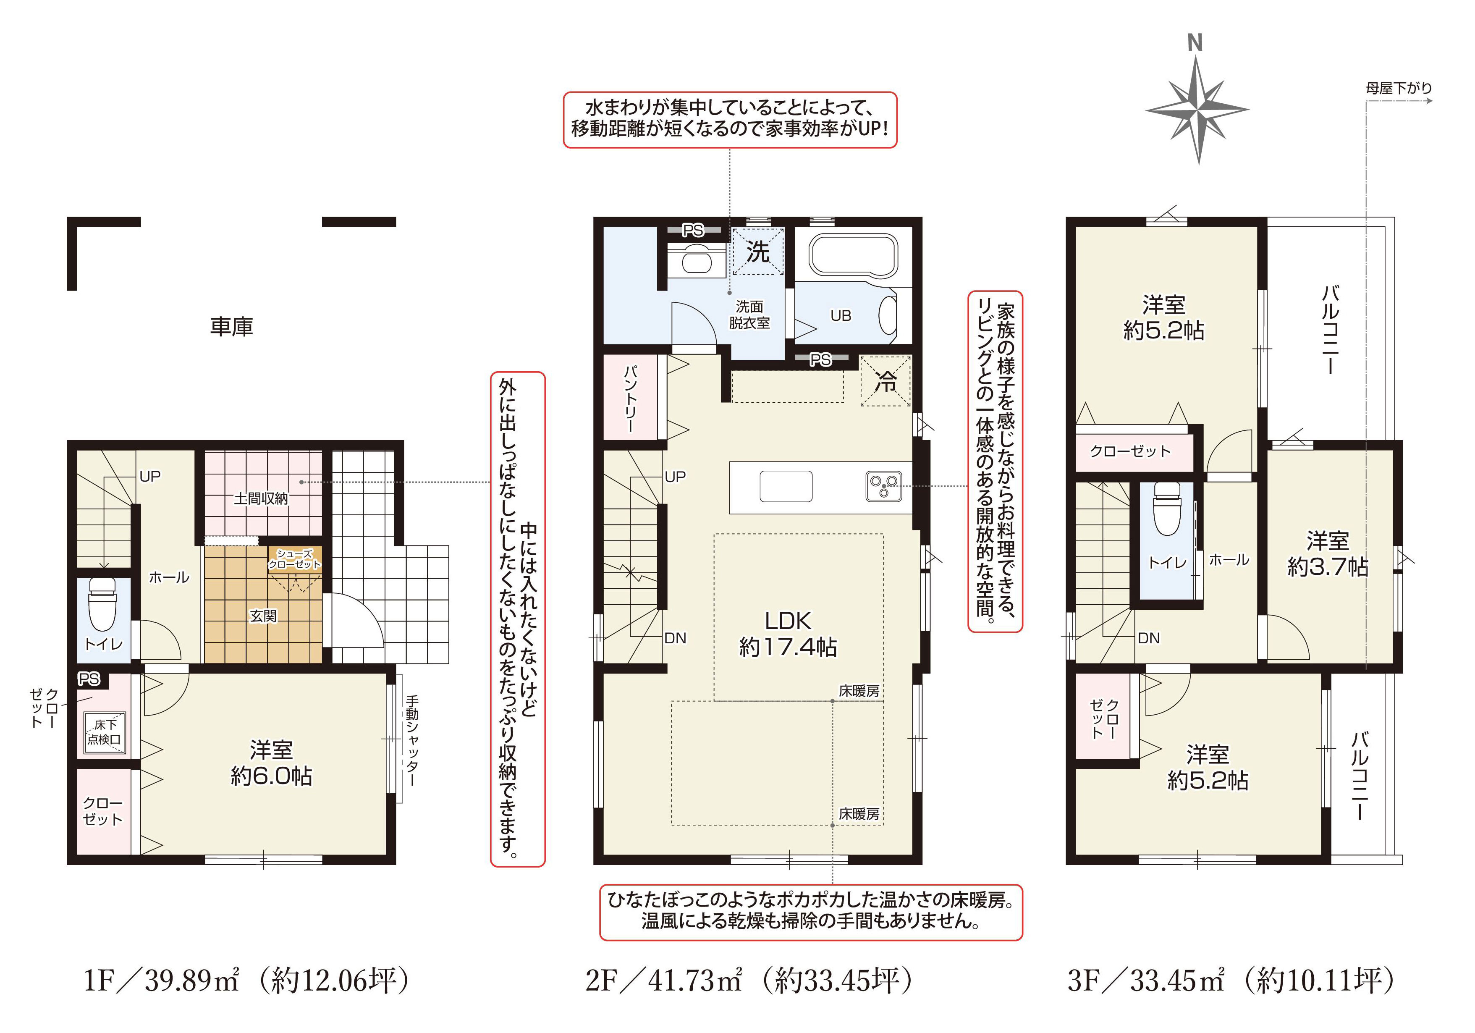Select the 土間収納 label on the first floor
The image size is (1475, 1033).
[x=261, y=498]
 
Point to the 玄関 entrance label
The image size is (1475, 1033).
[x=263, y=616]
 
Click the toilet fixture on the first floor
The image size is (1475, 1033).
[x=102, y=604]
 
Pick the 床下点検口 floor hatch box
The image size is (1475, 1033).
[x=104, y=732]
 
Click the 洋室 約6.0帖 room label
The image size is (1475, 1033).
[x=271, y=763]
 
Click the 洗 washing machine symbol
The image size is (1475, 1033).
[x=758, y=252]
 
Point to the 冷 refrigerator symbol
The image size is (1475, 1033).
[x=886, y=382]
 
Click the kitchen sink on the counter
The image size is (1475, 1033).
[x=786, y=486]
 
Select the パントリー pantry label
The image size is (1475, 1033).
[x=631, y=399]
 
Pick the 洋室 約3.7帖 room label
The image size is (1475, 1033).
[x=1327, y=554]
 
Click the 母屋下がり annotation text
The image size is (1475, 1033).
[x=1399, y=88]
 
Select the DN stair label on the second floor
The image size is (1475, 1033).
[x=675, y=638]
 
